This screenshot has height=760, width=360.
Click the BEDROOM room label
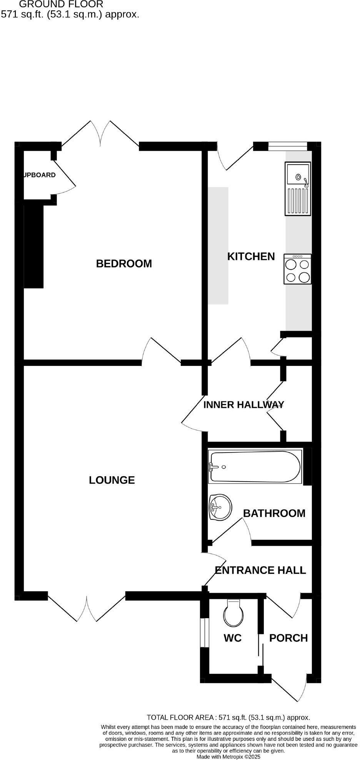tap(124, 264)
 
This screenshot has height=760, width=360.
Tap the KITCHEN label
tap(251, 256)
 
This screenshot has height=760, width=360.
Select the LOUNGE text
tap(112, 480)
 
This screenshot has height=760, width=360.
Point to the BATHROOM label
tap(274, 513)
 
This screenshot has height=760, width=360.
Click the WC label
tap(233, 638)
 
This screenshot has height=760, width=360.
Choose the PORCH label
tap(288, 638)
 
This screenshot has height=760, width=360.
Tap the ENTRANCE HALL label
tap(260, 570)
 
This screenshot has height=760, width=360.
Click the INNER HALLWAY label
tap(243, 405)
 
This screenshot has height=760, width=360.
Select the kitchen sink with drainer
tap(297, 188)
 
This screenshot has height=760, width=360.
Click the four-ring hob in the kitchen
tap(298, 269)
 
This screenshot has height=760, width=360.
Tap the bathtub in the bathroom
tap(254, 467)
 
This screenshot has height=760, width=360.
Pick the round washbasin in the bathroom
tap(220, 507)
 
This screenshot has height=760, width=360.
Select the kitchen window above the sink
tap(287, 145)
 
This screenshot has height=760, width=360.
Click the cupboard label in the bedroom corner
tap(40, 175)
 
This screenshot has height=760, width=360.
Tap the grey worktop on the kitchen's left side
tap(218, 246)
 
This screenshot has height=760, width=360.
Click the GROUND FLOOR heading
tap(61, 5)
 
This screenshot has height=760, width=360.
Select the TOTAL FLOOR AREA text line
tap(228, 717)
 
